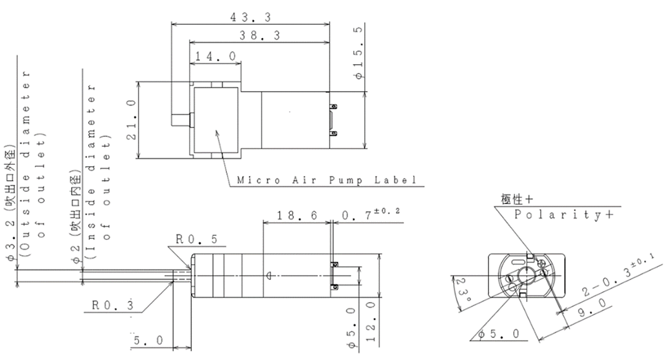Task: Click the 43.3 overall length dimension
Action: [x=250, y=17]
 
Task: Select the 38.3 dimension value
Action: [x=259, y=35]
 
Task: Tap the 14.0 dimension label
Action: [x=215, y=57]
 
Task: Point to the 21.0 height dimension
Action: [x=132, y=119]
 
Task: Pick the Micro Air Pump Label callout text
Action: [x=327, y=180]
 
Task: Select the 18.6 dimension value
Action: [x=297, y=215]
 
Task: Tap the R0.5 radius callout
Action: [x=197, y=239]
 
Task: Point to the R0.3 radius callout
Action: [x=112, y=305]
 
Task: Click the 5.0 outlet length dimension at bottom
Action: [x=148, y=341]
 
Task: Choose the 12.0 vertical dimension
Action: [x=370, y=321]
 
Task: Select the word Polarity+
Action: [x=564, y=214]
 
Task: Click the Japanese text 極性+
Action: [x=517, y=199]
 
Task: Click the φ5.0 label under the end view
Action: [x=499, y=334]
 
